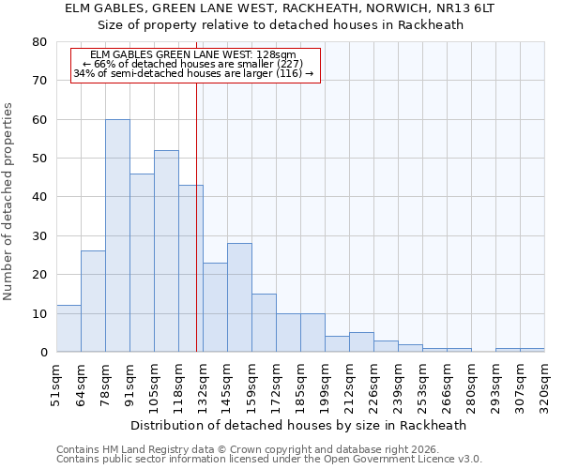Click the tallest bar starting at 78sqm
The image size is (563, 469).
[117, 235]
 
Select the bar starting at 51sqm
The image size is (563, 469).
[68, 328]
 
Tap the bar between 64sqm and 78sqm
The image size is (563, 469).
[93, 301]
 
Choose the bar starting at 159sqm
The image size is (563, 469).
[264, 323]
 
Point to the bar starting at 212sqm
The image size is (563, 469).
[361, 342]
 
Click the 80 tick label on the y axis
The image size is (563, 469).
[39, 42]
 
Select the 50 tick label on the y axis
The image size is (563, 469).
[39, 159]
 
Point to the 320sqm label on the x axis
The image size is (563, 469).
[545, 384]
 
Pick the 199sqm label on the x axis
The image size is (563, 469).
[326, 384]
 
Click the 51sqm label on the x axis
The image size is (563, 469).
[57, 384]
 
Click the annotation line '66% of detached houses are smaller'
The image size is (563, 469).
[195, 64]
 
